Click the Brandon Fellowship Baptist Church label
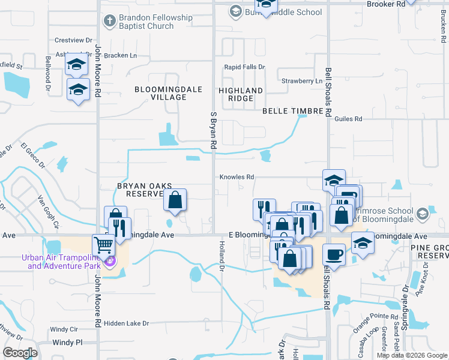(x=155, y=22)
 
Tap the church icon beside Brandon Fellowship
(x=109, y=21)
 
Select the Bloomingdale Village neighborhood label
(x=160, y=93)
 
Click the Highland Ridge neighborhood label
(x=240, y=94)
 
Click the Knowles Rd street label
(x=238, y=177)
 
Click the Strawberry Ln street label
(x=302, y=80)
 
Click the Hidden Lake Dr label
(x=126, y=323)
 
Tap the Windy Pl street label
(x=67, y=343)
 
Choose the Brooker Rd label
(x=385, y=4)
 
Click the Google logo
(x=20, y=353)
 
